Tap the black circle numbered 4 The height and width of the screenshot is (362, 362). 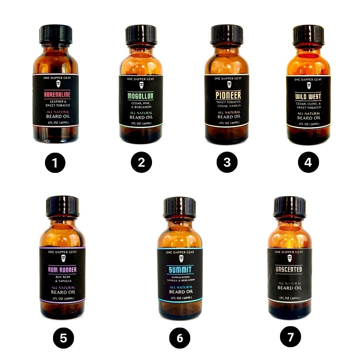[308, 162]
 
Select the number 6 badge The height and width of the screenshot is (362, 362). [180, 338]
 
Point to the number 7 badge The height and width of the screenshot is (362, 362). [291, 337]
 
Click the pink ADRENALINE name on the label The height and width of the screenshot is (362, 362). [57, 95]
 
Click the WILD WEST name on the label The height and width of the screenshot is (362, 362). [308, 97]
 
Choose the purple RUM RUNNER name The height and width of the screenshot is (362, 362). [63, 270]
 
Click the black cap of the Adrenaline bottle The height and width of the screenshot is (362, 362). [56, 34]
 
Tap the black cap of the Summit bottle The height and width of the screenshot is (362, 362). [180, 207]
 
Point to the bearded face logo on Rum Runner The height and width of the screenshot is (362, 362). [63, 259]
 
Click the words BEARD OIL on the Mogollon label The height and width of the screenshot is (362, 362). [140, 117]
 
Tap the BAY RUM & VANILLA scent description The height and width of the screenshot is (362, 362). [63, 278]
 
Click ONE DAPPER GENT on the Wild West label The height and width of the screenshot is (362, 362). [308, 80]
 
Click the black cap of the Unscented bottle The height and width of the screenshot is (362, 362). [290, 206]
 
